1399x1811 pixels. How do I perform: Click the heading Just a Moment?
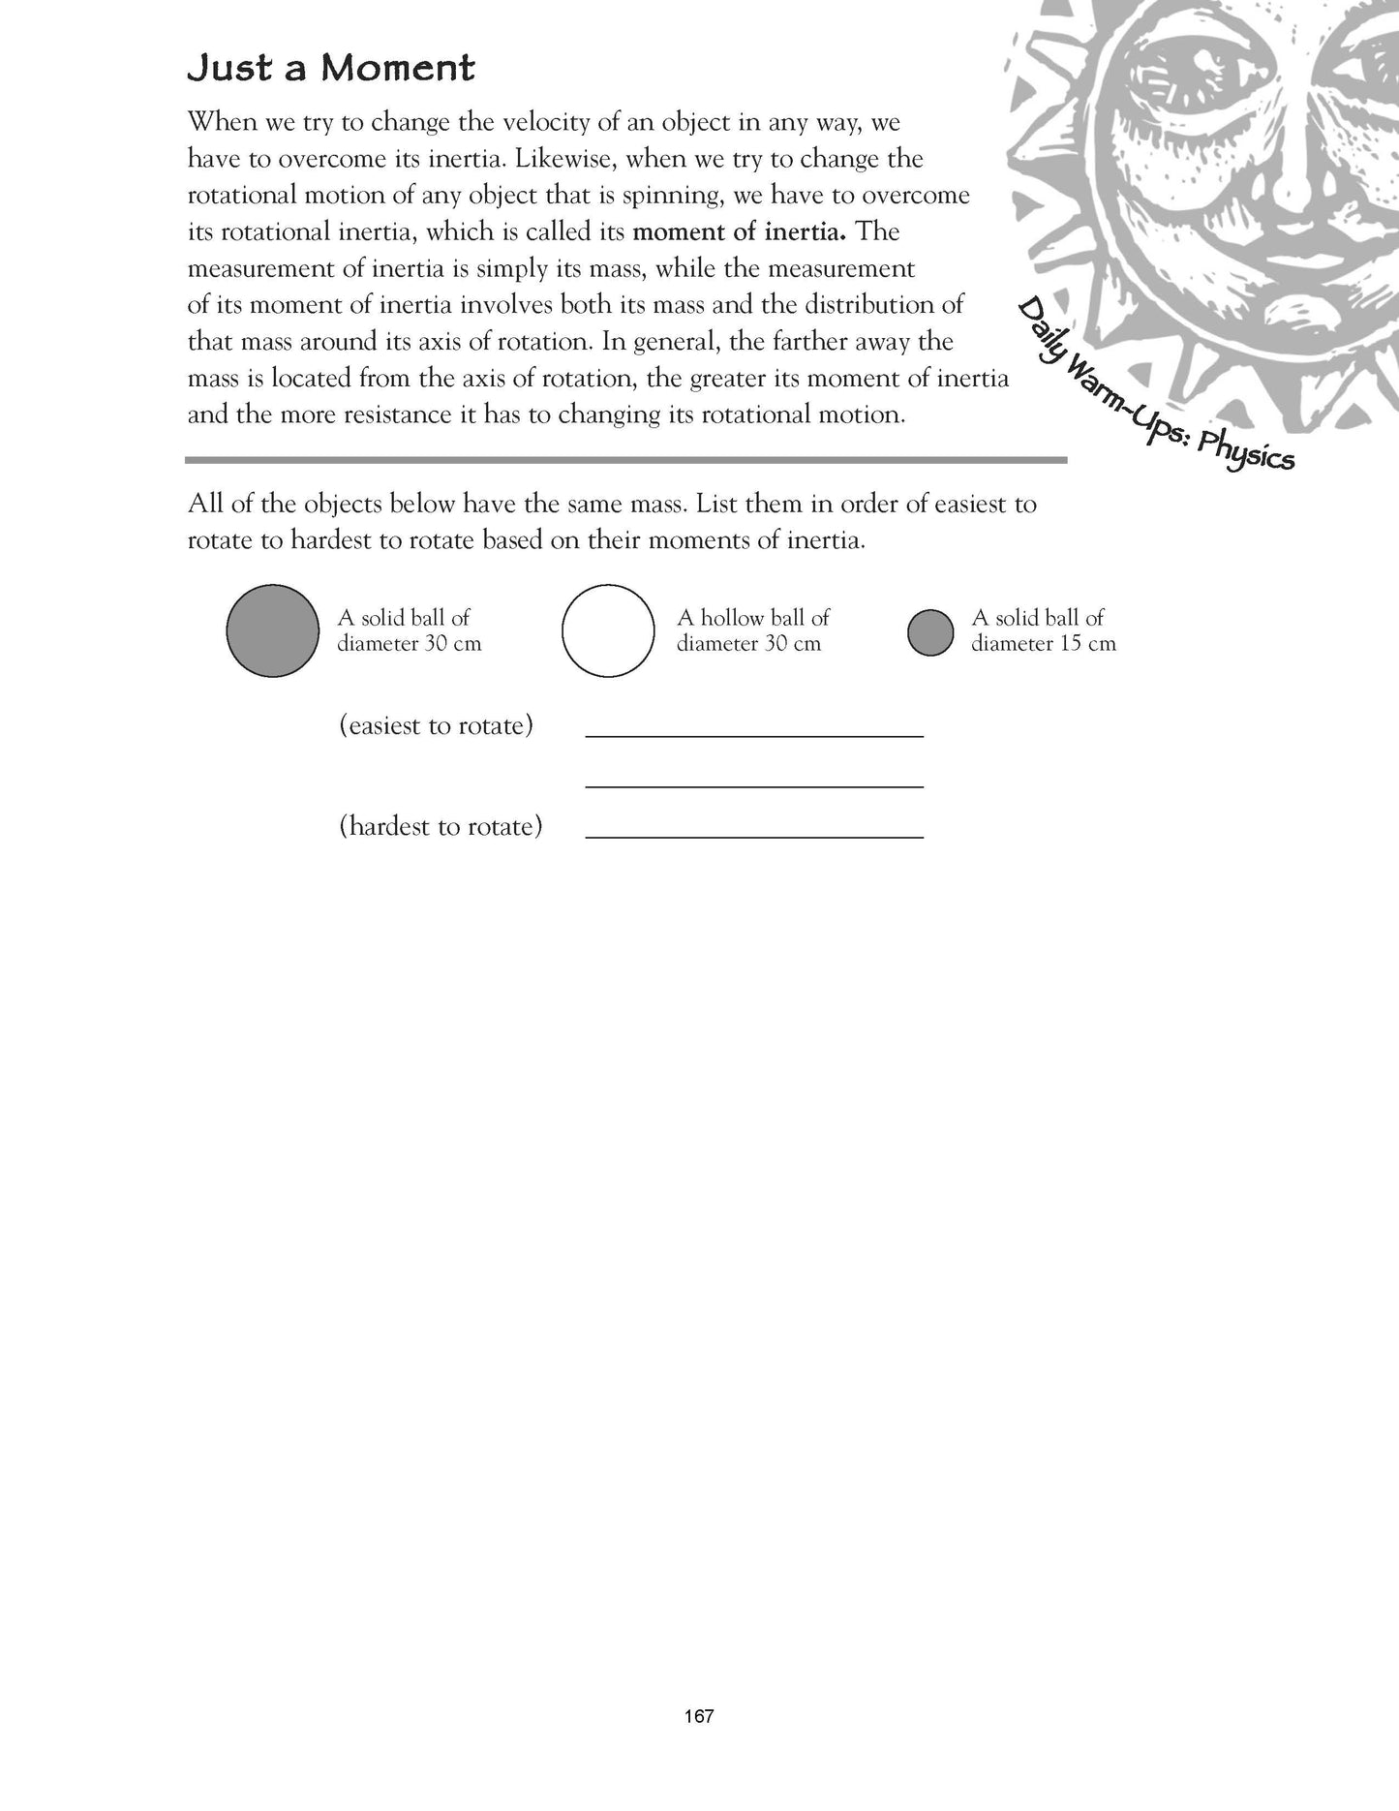(x=331, y=69)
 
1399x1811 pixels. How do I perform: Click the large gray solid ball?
(x=272, y=630)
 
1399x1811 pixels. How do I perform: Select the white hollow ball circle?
(x=608, y=630)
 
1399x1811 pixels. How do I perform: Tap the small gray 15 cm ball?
(x=930, y=632)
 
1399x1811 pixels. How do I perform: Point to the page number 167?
(x=698, y=1743)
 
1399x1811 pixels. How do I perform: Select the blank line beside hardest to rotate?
(x=754, y=836)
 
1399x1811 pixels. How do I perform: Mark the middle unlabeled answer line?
(x=754, y=785)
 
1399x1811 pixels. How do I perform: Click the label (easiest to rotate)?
(x=436, y=726)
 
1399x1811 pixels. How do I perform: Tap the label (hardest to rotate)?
(x=441, y=827)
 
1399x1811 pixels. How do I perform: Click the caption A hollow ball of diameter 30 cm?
(x=752, y=630)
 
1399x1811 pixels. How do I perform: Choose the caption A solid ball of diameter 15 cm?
(x=1043, y=630)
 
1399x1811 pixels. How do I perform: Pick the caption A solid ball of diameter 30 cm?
(x=409, y=630)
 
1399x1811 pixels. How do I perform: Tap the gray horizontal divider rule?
(x=625, y=460)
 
